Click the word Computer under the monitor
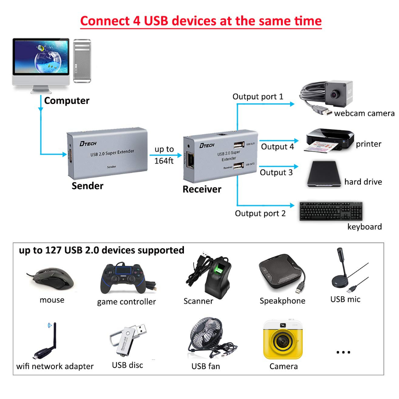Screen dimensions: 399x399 point(67,101)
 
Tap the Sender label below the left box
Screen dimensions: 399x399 point(88,186)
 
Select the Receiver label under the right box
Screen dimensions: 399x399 point(202,189)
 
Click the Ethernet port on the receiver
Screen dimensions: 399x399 point(190,160)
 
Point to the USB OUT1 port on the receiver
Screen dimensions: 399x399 point(239,145)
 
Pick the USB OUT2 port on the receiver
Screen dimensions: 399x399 point(238,165)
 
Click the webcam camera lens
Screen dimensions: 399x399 point(334,94)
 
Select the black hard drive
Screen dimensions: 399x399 point(324,174)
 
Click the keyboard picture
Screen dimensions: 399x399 point(331,211)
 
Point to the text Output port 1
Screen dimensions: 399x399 point(258,97)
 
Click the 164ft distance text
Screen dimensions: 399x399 point(164,161)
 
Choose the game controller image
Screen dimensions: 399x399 point(126,278)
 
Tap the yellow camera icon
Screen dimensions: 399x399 point(283,340)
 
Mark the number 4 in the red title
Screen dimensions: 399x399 point(137,21)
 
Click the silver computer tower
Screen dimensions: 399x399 point(82,61)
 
